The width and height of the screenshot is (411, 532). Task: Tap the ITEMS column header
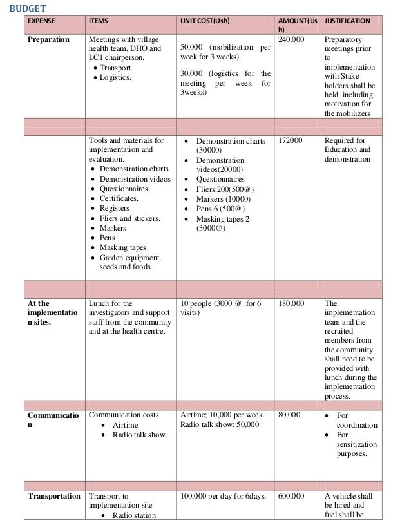pyautogui.click(x=99, y=21)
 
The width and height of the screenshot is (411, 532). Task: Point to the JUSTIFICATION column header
pyautogui.click(x=347, y=21)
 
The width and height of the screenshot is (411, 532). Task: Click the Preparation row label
pyautogui.click(x=48, y=40)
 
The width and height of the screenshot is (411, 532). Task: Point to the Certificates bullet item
pyautogui.click(x=119, y=199)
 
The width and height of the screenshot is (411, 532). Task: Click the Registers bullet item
pyautogui.click(x=115, y=209)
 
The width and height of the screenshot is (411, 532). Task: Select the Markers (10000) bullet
pyautogui.click(x=223, y=199)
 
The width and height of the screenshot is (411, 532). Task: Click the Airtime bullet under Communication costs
pyautogui.click(x=125, y=425)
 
